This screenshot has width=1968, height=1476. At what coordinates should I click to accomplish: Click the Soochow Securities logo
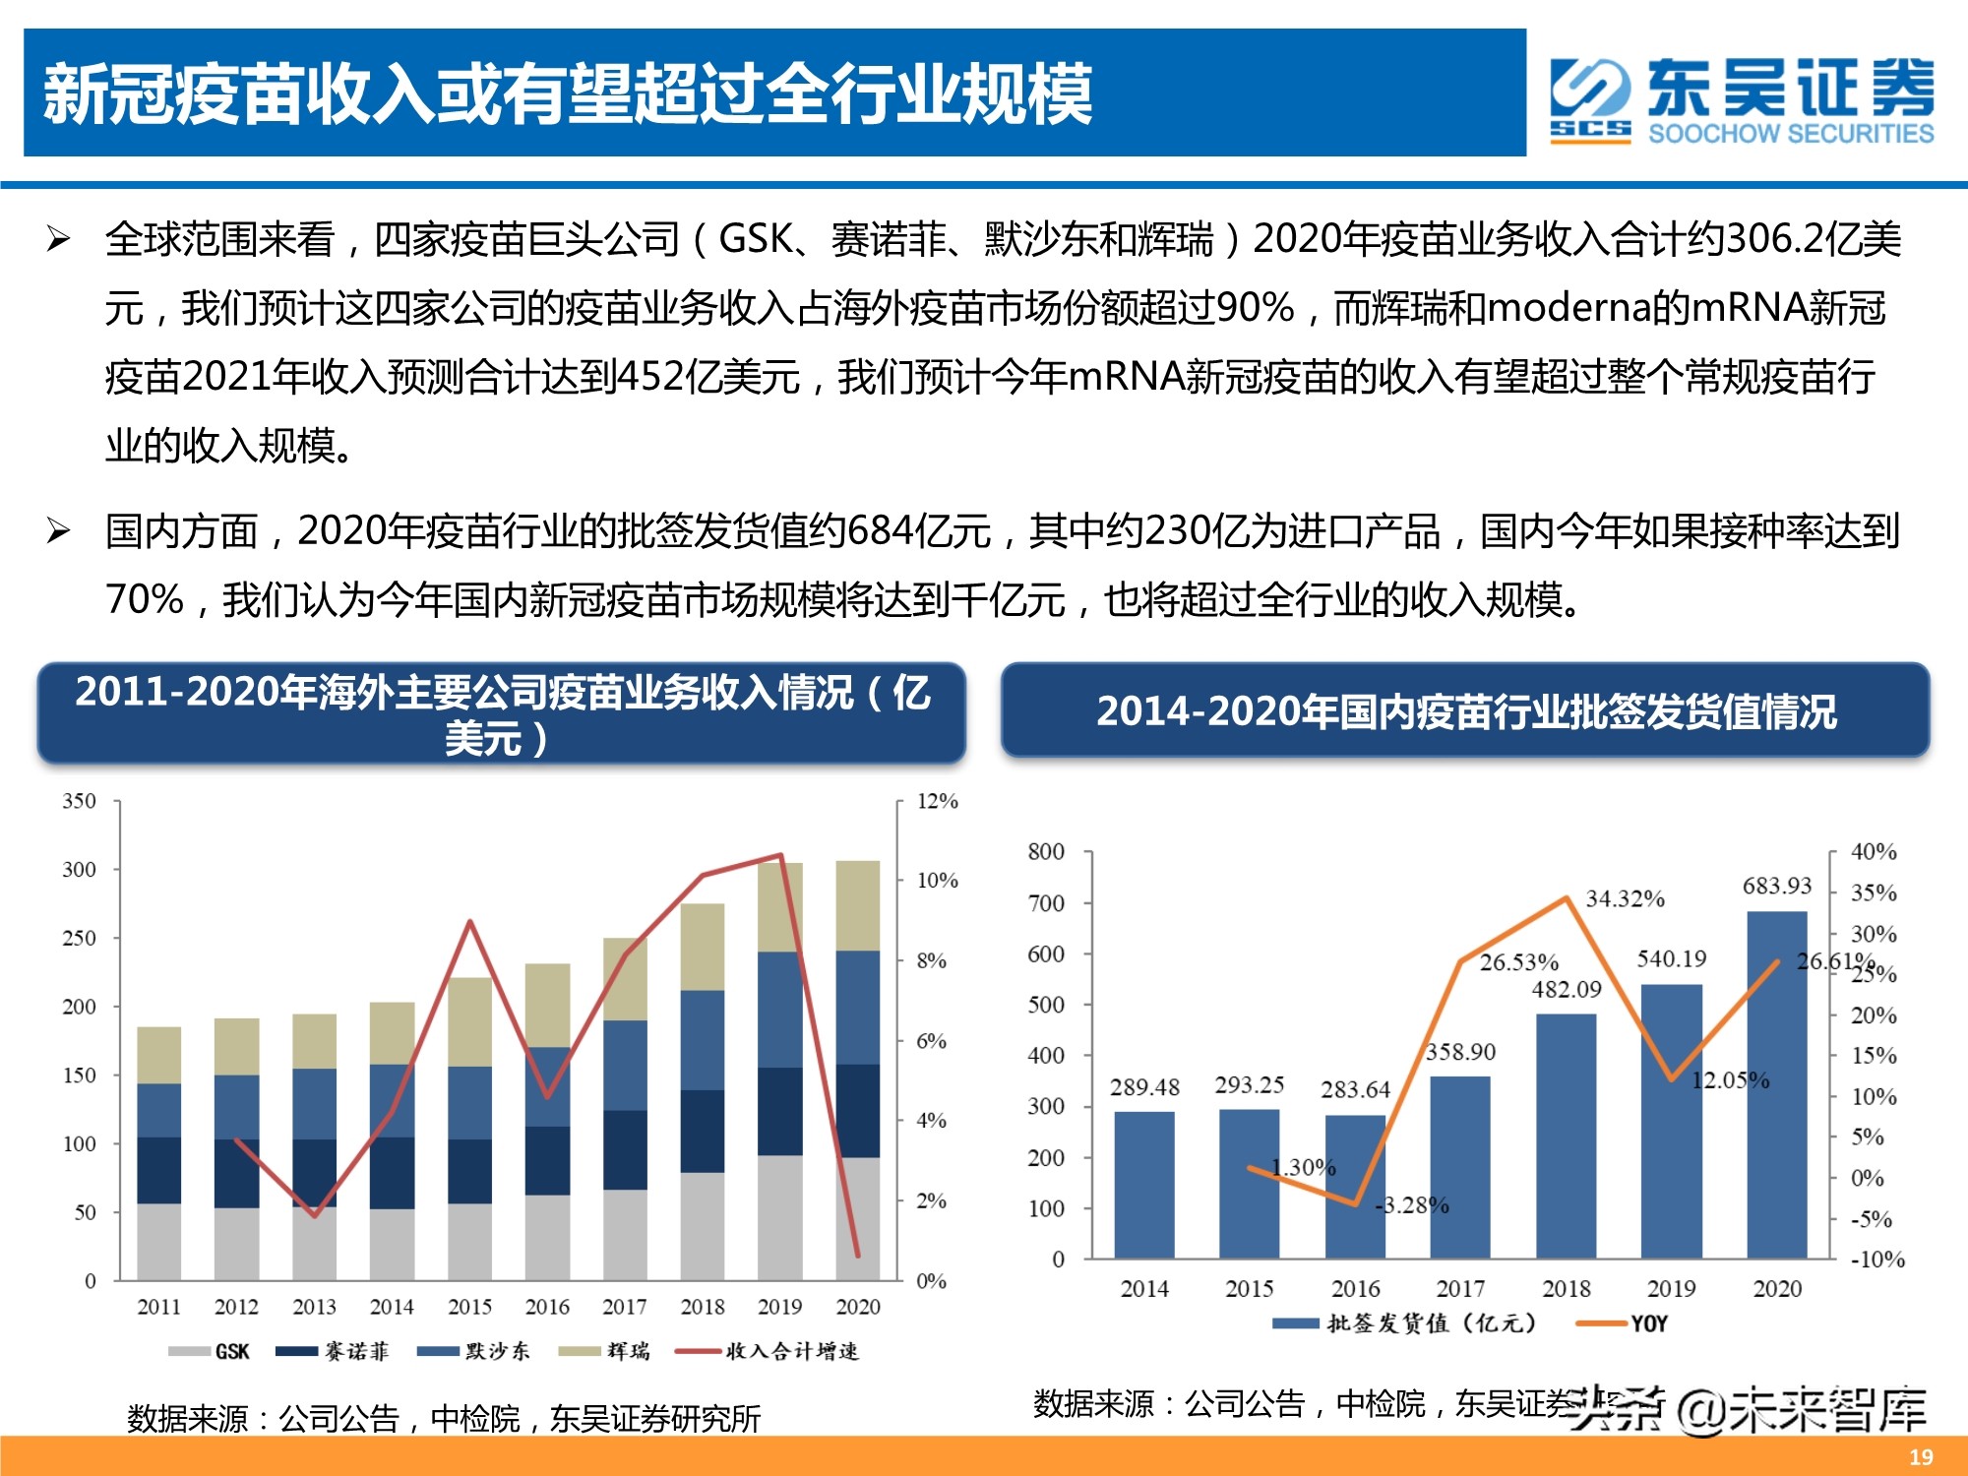pyautogui.click(x=1742, y=99)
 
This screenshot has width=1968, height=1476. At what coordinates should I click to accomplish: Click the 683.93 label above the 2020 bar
pyautogui.click(x=1776, y=886)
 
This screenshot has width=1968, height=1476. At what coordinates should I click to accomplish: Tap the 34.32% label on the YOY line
pyautogui.click(x=1625, y=898)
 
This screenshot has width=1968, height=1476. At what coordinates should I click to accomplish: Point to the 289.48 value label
pyautogui.click(x=1144, y=1087)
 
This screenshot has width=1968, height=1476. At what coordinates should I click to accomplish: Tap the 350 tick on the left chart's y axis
pyautogui.click(x=80, y=801)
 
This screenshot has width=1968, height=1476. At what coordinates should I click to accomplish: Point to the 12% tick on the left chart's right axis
pyautogui.click(x=937, y=801)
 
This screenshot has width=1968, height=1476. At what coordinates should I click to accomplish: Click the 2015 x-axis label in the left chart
pyautogui.click(x=469, y=1307)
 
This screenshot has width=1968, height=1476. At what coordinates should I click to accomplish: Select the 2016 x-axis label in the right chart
pyautogui.click(x=1355, y=1289)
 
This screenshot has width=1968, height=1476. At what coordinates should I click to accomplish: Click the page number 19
pyautogui.click(x=1921, y=1457)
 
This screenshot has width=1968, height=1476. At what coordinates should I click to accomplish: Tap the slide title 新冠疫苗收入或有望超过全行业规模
pyautogui.click(x=568, y=94)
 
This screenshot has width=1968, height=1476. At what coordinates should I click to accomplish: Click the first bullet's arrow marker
pyautogui.click(x=59, y=239)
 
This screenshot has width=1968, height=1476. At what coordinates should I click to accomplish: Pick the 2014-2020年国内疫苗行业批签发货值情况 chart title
pyautogui.click(x=1465, y=711)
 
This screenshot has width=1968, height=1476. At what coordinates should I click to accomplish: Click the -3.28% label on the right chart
pyautogui.click(x=1413, y=1205)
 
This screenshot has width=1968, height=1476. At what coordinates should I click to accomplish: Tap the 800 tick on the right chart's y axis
pyautogui.click(x=1046, y=851)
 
